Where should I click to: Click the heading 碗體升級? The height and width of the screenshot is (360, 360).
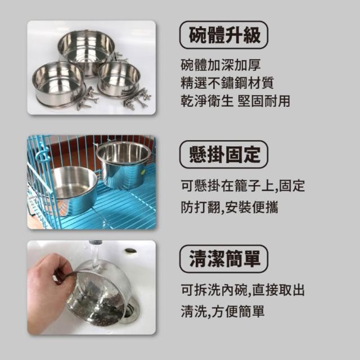[224, 35]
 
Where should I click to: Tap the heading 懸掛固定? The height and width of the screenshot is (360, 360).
[224, 155]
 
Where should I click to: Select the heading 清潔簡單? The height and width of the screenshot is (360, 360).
[224, 259]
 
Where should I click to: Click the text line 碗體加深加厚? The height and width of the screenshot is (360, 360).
[220, 65]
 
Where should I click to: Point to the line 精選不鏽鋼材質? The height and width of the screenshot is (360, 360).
[227, 83]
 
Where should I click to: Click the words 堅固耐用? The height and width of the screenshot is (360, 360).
[264, 101]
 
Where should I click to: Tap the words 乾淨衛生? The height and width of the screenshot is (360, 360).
[206, 101]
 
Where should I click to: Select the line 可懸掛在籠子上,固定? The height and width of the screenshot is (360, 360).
[242, 186]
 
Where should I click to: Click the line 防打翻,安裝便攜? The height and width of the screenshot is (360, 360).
[229, 207]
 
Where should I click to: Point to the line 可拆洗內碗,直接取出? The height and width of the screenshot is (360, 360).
[242, 290]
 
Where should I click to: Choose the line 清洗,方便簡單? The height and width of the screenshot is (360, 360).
[223, 311]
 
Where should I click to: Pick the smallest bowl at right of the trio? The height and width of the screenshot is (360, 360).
[119, 79]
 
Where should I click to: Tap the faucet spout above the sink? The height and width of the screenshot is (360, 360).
[95, 243]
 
